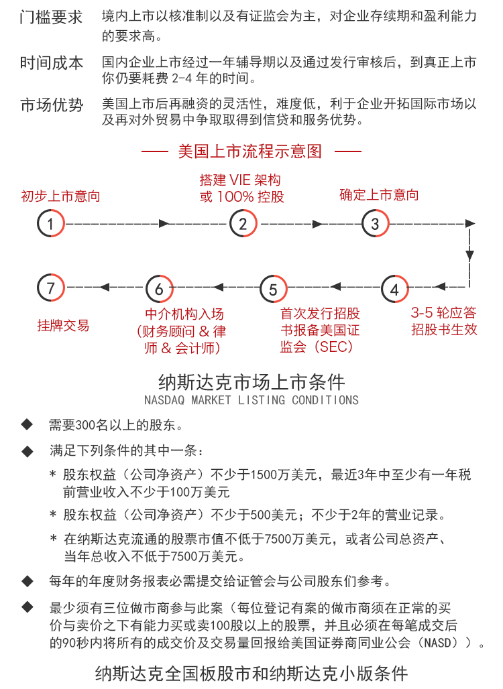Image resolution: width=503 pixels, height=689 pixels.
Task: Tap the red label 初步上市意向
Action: click(x=60, y=196)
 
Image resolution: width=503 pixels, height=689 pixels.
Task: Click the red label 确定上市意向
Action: click(x=379, y=194)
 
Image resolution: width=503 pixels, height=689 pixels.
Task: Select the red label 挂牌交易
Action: click(x=63, y=325)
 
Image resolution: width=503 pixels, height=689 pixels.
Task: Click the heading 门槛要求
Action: click(x=51, y=17)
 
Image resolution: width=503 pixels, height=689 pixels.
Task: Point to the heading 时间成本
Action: click(x=51, y=63)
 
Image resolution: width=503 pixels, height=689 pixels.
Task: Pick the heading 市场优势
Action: click(x=51, y=105)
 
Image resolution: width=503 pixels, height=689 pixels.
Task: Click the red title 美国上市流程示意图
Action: click(x=250, y=151)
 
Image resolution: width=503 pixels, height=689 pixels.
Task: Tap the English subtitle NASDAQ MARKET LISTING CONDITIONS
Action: click(x=251, y=400)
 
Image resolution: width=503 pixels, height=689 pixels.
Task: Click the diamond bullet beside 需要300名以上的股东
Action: click(x=27, y=424)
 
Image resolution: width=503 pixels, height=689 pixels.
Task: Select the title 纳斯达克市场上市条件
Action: click(x=251, y=382)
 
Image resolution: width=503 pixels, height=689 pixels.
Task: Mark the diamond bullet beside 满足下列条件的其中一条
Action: click(x=27, y=451)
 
